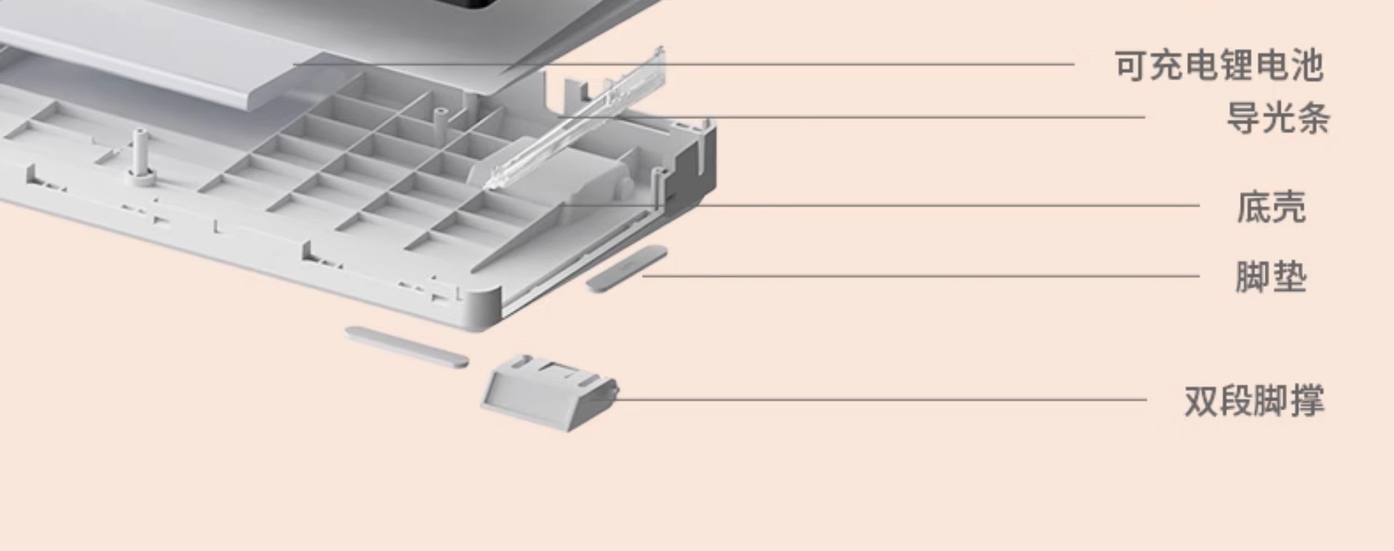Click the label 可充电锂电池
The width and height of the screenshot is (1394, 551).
(1219, 66)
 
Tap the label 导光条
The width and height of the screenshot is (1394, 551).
(1278, 118)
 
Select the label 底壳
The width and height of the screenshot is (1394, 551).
(1271, 207)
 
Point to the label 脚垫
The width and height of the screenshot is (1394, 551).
(1270, 277)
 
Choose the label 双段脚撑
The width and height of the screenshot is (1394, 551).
(1254, 401)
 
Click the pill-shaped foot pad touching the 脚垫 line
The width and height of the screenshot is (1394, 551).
(627, 269)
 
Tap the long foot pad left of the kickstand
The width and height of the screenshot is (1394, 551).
(407, 347)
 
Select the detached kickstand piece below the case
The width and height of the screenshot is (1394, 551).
(550, 392)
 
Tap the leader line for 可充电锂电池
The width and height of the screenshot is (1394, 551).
(684, 64)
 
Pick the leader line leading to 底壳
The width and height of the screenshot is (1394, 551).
(880, 205)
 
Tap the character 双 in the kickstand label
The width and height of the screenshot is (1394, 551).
(1202, 401)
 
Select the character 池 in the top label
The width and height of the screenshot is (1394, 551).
(1307, 66)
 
